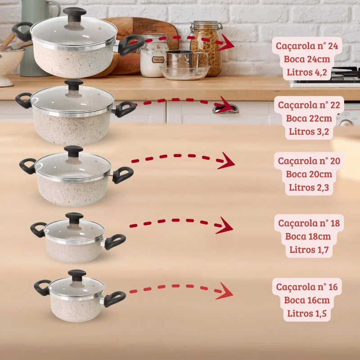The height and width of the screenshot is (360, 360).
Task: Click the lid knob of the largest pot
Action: (x=75, y=14)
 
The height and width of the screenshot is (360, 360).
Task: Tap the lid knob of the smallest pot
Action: (x=77, y=275)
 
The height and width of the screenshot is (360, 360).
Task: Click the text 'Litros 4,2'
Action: (x=307, y=72)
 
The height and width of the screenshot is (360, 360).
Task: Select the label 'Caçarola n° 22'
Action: (x=309, y=105)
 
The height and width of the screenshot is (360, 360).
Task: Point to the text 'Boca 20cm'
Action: (x=309, y=174)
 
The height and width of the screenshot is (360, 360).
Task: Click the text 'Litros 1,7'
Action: (x=309, y=250)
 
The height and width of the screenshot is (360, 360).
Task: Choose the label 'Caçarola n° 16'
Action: (x=307, y=287)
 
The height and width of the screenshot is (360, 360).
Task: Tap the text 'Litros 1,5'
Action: (x=307, y=313)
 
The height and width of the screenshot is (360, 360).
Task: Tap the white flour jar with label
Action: (x=154, y=56)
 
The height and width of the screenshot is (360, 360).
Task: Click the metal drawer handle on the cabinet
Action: (x=225, y=108)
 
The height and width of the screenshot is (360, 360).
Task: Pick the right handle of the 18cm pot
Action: (x=114, y=242)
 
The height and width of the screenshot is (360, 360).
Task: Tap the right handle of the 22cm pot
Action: (x=125, y=109)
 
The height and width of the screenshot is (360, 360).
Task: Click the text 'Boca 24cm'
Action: (x=307, y=59)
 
